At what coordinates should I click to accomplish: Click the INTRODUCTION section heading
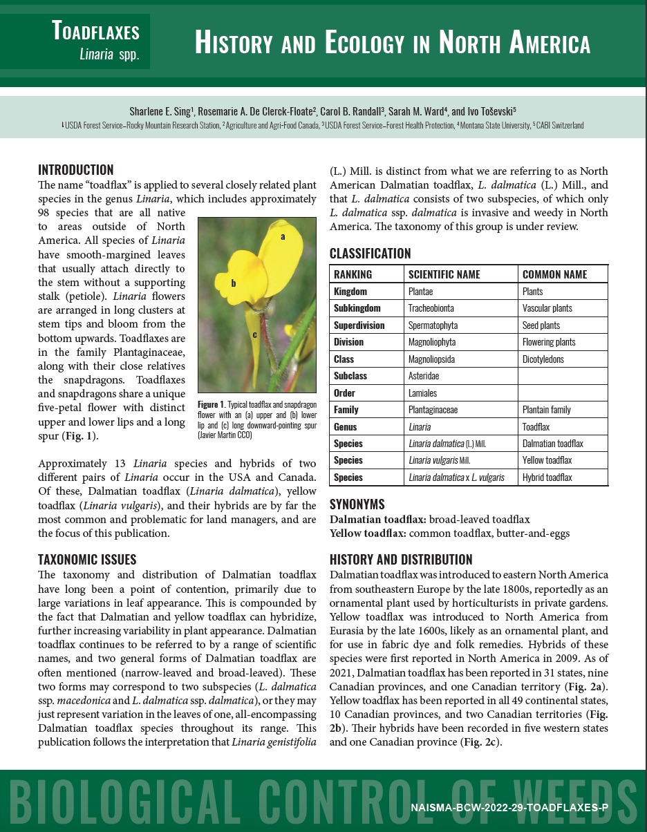pos(75,170)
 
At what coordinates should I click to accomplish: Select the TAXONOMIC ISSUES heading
pos(87,560)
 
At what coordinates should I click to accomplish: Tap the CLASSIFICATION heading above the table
pos(370,254)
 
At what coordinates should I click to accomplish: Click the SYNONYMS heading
pos(357,504)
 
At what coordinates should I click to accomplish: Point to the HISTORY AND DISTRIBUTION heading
pos(401,560)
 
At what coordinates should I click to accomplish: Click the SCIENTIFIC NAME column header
pos(444,274)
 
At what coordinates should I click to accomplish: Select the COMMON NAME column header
pos(554,274)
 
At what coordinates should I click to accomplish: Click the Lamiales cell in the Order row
pos(422,393)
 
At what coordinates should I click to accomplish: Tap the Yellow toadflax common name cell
pos(547,460)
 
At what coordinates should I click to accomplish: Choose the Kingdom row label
pos(350,292)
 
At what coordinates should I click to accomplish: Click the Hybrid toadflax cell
pos(547,478)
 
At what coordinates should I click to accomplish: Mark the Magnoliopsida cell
pos(431,359)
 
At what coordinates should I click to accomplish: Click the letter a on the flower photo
pos(282,236)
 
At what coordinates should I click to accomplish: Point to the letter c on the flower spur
pos(254,335)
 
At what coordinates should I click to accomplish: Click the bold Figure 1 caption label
pos(212,404)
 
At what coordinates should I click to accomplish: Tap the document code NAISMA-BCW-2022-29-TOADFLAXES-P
pos(509,807)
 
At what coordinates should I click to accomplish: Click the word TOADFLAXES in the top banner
pos(95,31)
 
